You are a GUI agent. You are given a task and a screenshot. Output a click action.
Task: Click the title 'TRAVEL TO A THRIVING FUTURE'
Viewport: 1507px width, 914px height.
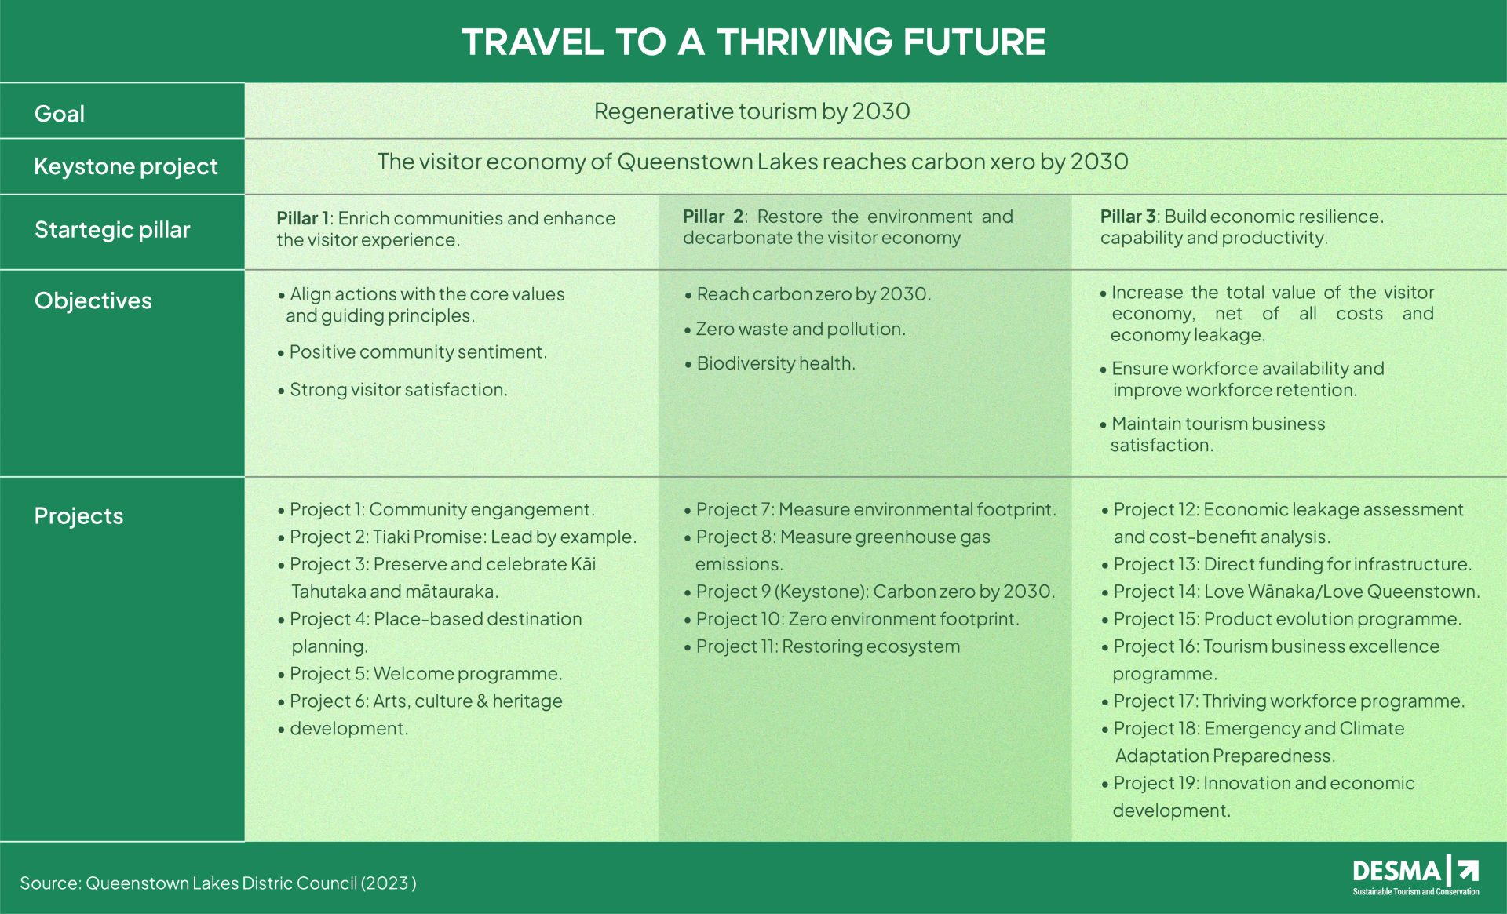point(753,42)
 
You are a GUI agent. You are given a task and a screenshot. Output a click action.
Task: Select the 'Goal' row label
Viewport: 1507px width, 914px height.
point(60,114)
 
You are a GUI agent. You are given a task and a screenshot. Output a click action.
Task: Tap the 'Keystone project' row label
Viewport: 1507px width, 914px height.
point(126,166)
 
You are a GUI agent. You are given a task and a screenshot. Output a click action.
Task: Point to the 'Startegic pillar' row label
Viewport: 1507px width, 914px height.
point(112,229)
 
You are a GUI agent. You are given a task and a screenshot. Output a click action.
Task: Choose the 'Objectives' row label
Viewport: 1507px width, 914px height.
point(93,300)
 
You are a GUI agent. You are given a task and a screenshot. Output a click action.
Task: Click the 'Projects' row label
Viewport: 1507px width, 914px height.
point(78,515)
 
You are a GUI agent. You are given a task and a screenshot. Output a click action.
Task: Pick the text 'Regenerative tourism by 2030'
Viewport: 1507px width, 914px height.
point(752,111)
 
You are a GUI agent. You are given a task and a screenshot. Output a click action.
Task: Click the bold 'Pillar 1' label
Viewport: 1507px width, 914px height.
point(302,218)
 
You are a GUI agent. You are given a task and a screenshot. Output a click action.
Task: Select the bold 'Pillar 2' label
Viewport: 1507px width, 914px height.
point(713,217)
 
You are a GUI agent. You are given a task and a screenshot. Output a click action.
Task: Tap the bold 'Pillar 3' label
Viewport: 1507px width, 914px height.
point(1128,217)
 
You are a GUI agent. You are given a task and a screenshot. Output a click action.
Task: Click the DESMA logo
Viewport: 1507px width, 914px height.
point(1416,876)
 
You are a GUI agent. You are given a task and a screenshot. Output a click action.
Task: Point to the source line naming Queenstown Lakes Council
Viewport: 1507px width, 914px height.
point(218,883)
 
